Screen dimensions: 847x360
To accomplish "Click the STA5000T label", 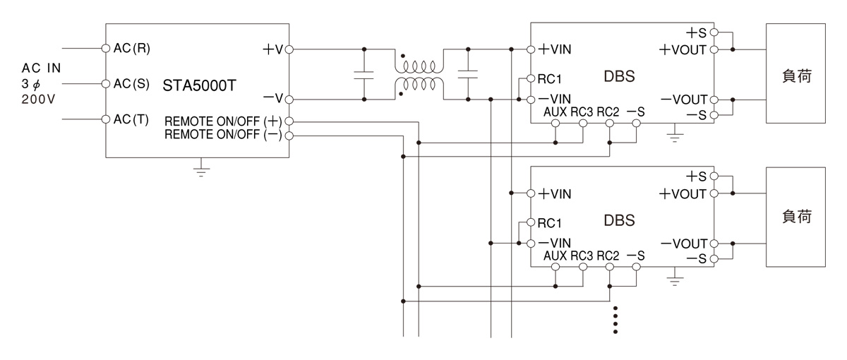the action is click(199, 85).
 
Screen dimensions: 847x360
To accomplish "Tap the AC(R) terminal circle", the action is click(106, 49).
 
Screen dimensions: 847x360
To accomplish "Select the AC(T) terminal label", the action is click(131, 119).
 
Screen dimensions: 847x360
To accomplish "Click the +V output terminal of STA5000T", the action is click(289, 49).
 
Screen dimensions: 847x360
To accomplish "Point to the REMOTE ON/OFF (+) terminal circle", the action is click(289, 121).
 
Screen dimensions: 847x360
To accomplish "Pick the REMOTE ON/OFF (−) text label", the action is click(223, 135).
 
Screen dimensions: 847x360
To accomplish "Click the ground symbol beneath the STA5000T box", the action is click(201, 171).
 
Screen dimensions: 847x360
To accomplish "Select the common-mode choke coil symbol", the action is click(419, 75).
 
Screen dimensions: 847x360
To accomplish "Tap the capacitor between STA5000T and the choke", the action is click(364, 75).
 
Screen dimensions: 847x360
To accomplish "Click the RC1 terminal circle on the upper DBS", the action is click(531, 78).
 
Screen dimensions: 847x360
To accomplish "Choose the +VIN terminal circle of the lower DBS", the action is click(531, 193).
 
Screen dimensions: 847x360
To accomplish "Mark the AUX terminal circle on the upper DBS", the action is click(555, 124).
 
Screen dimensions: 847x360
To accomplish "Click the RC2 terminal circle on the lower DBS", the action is click(610, 267).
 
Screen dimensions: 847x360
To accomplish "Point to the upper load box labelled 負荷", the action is click(795, 73).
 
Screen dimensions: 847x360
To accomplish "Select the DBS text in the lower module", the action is click(620, 220).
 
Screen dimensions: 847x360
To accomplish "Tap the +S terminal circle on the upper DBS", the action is click(714, 32).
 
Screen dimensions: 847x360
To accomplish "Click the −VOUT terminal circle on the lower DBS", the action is click(714, 244).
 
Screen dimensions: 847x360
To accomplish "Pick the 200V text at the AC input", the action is click(38, 100).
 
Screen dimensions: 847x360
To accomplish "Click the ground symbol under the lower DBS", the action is click(675, 277).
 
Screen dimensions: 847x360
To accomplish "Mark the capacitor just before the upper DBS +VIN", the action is click(468, 75).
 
